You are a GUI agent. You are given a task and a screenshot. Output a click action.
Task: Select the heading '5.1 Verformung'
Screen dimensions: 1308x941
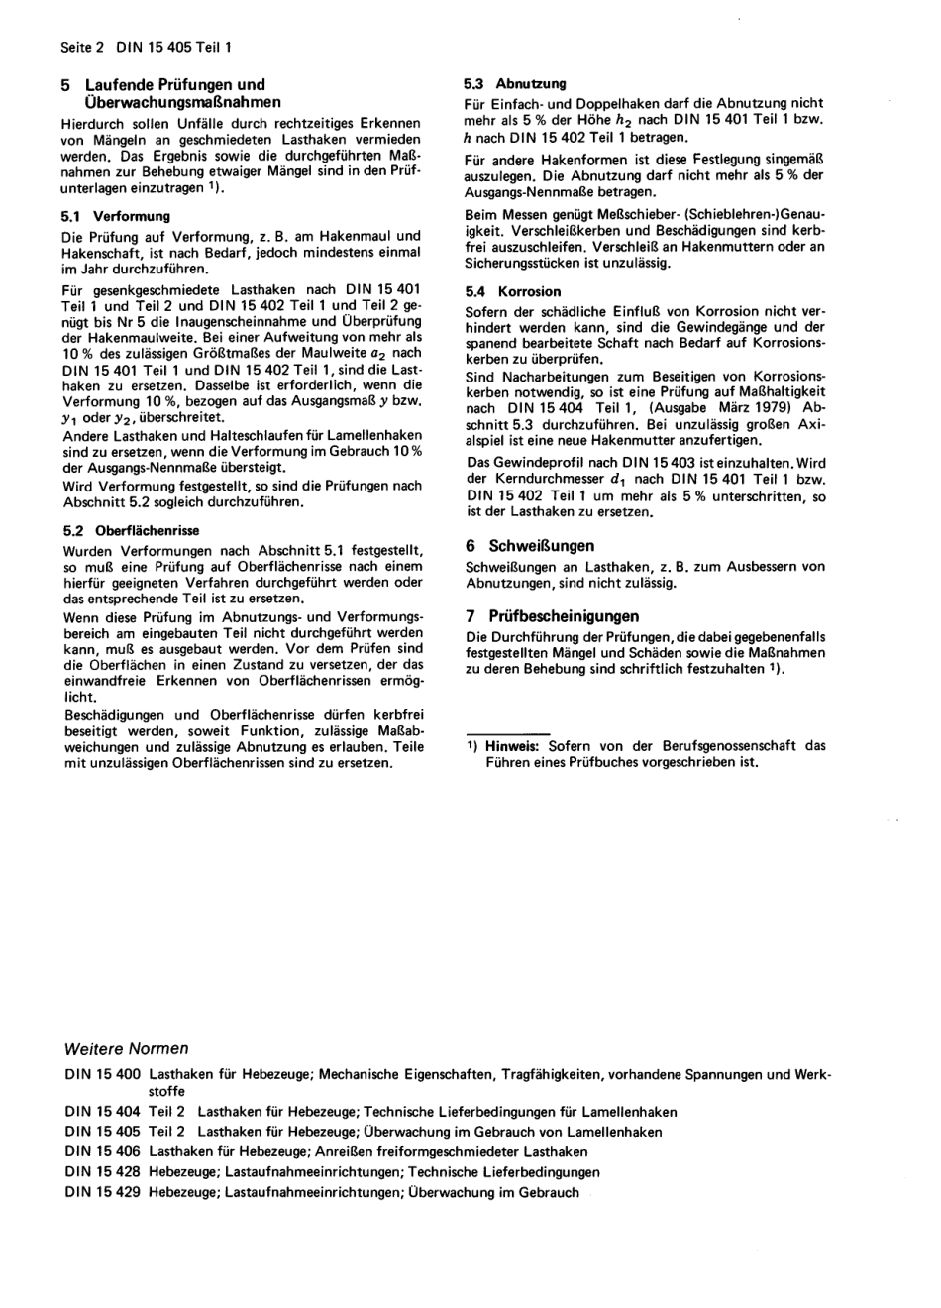click(116, 216)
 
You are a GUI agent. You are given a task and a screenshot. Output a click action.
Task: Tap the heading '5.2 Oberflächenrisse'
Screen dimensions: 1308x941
click(130, 530)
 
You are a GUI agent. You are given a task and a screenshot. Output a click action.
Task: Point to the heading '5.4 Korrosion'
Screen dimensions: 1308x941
click(513, 292)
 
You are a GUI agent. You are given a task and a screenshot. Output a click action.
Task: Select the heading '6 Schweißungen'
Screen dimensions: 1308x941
click(530, 546)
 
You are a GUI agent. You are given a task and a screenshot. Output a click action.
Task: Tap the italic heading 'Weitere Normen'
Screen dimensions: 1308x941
click(126, 1048)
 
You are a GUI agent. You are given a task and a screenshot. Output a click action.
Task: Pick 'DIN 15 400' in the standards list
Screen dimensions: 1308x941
click(102, 1074)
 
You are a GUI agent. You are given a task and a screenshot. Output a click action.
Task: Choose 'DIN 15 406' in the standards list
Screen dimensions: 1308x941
click(102, 1152)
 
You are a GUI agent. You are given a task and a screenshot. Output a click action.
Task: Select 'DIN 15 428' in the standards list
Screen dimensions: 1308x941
click(102, 1172)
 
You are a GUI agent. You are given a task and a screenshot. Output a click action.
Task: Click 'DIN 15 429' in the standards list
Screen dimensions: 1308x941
click(102, 1193)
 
